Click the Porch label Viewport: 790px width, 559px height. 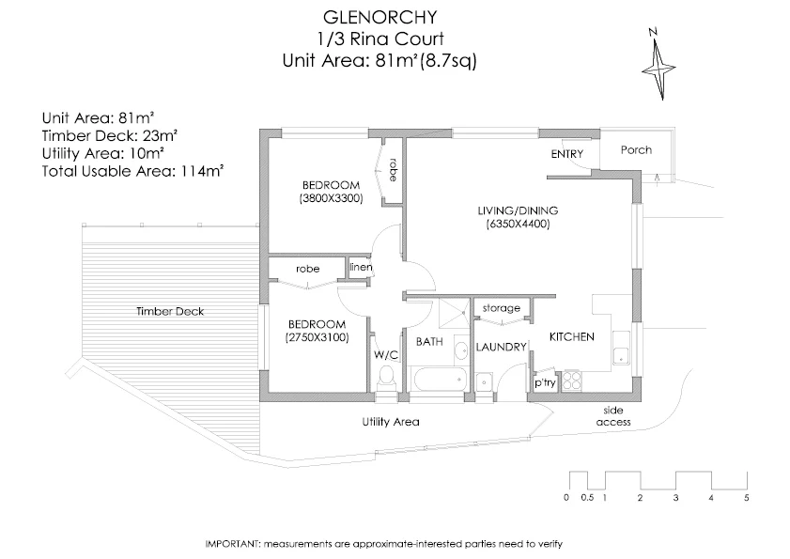coord(636,150)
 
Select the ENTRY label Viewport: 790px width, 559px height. coord(567,154)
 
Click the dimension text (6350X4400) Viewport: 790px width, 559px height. coord(517,225)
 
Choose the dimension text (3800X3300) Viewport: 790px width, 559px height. coord(331,198)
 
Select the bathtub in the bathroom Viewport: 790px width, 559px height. coord(438,380)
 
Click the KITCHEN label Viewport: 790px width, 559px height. coord(571,336)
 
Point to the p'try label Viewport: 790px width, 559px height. coord(544,383)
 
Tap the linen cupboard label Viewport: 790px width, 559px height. coord(362,268)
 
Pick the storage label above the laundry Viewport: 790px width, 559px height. coord(501,308)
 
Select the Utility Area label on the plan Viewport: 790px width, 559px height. coord(390,422)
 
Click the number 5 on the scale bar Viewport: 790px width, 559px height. coord(747,498)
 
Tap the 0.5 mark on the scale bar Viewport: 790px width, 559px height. coord(587,498)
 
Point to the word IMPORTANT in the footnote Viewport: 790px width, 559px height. coord(232,544)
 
